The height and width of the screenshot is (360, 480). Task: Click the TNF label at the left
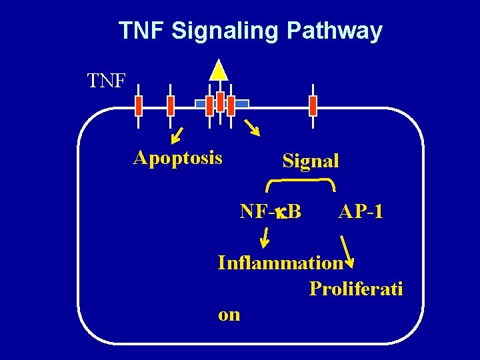tap(107, 81)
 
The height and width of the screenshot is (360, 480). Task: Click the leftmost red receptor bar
tap(139, 105)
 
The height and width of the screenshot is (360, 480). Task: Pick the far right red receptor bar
tap(313, 105)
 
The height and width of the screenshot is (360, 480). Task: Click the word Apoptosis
tap(178, 158)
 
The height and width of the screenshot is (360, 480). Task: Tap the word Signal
tap(311, 161)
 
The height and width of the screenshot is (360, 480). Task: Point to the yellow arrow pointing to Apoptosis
tap(177, 134)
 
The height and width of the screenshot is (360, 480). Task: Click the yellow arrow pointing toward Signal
tap(252, 127)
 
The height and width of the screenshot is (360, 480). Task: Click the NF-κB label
tap(271, 212)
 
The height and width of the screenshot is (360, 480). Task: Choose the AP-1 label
tap(360, 212)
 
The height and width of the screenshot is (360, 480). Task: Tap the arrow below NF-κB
tap(265, 237)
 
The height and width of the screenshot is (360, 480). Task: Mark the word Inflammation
tap(280, 263)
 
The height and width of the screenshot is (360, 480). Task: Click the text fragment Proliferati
tap(356, 289)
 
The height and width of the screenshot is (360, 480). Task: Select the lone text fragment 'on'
tap(229, 315)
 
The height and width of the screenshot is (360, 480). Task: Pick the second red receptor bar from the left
tap(171, 105)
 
